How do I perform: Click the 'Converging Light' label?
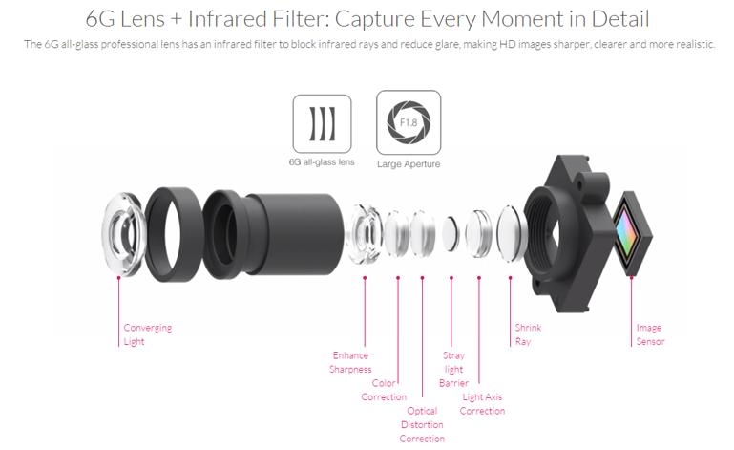147,334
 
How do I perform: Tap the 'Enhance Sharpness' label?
350,362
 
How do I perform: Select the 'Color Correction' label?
384,390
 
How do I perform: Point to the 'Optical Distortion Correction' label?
422,425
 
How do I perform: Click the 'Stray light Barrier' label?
453,370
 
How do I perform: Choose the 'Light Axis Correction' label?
482,404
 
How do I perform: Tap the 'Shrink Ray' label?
528,334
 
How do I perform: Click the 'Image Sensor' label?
650,334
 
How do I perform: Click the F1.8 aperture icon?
409,122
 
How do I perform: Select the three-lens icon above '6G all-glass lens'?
322,124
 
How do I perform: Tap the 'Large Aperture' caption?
409,164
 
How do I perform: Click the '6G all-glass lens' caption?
322,162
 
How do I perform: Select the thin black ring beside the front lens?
174,234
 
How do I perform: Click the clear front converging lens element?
123,233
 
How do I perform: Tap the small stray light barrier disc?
451,233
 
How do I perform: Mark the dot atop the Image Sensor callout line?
631,277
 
